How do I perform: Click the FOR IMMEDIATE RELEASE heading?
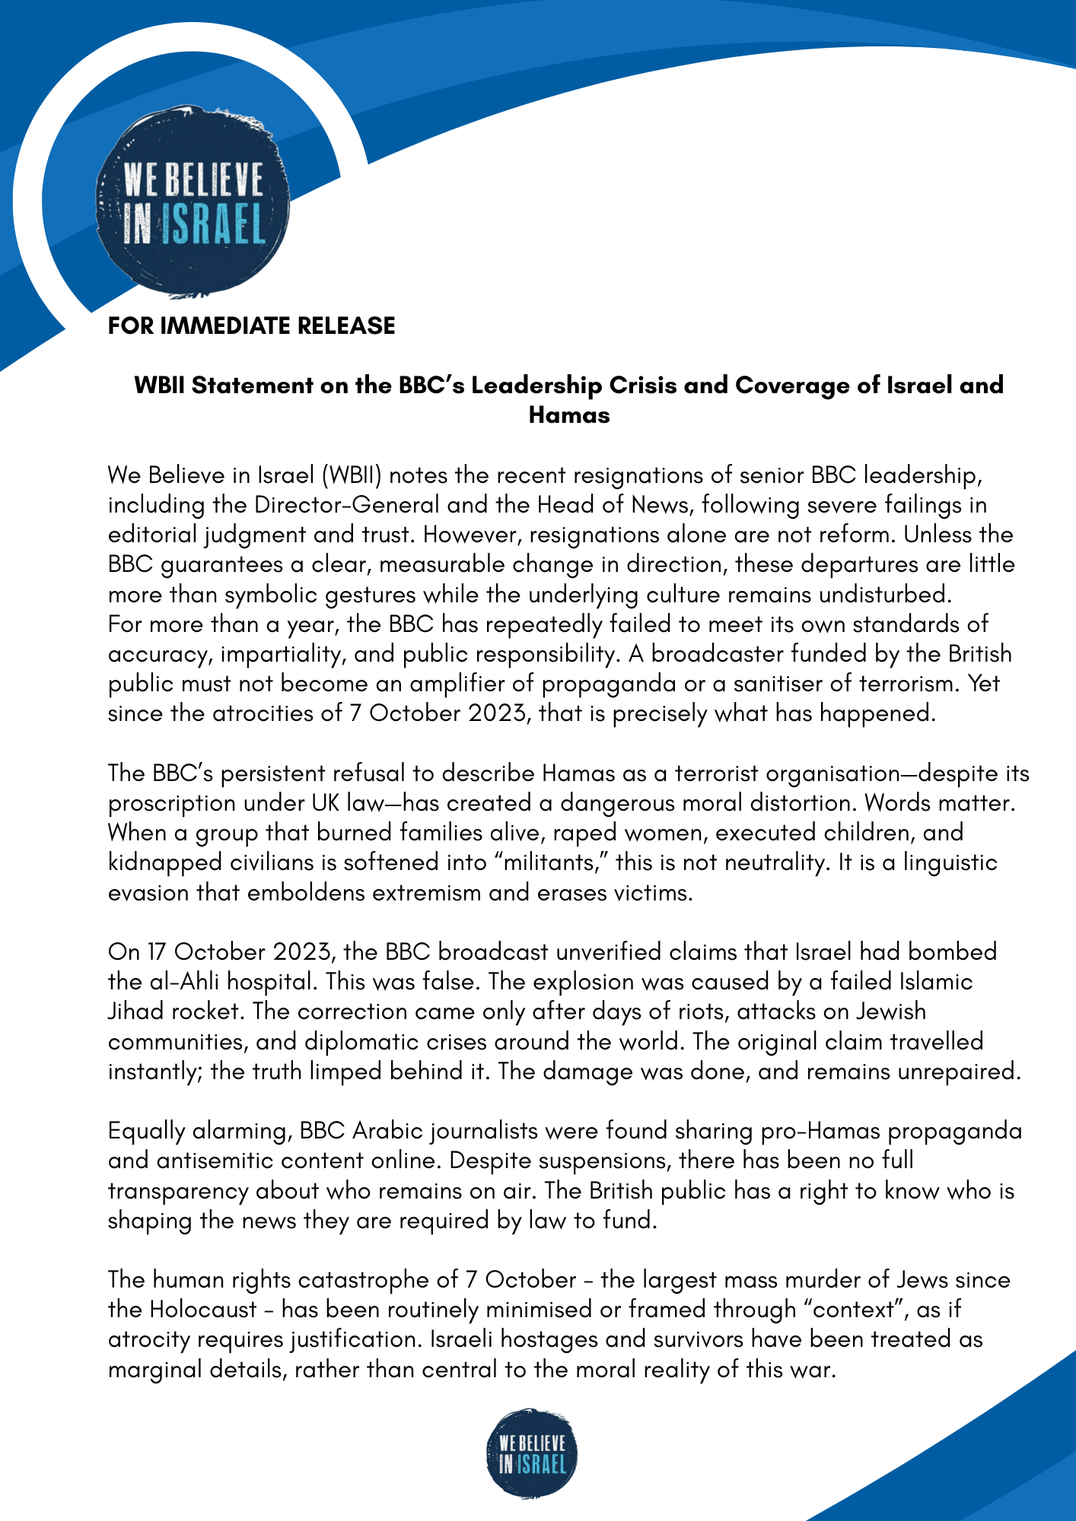click(251, 326)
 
